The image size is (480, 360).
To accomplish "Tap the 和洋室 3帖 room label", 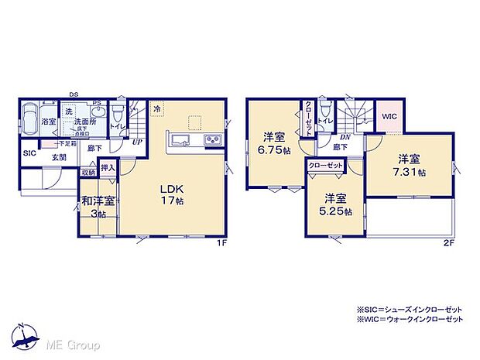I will click(x=99, y=207).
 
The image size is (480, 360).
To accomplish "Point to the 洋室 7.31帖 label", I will click(x=410, y=166).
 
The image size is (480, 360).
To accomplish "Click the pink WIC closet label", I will click(x=389, y=118).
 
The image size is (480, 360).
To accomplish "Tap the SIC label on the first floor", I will click(x=29, y=153).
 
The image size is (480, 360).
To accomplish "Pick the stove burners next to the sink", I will click(x=212, y=140).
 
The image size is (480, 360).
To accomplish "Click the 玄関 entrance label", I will click(x=59, y=157).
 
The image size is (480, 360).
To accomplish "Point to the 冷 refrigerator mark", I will click(x=157, y=109).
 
